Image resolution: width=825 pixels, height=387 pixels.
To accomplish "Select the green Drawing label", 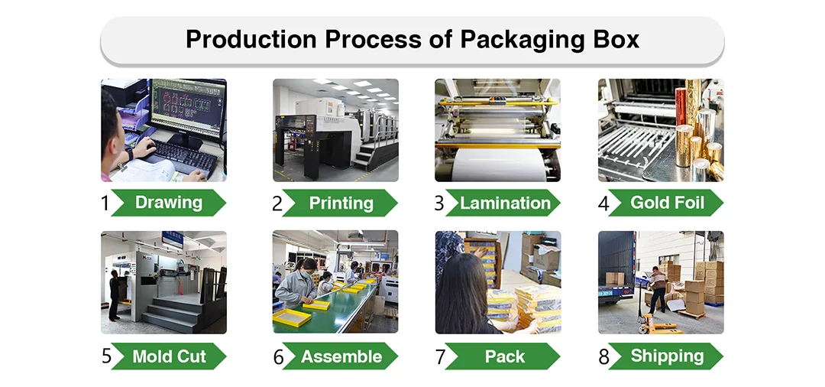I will (168, 203).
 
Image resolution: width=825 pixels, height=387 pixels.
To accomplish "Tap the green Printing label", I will (341, 203).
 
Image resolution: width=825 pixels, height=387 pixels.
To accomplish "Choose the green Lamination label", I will (505, 203).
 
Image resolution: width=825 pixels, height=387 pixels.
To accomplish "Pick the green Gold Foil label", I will (666, 203).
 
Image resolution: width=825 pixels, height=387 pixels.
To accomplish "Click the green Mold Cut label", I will (169, 356).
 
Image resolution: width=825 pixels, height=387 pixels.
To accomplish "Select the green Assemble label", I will (341, 356).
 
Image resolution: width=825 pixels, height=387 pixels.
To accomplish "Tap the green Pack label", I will (504, 356).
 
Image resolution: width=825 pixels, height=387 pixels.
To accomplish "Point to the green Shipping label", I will (667, 356).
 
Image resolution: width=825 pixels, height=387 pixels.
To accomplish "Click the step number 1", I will (105, 203).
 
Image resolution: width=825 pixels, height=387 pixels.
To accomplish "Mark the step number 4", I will (603, 203).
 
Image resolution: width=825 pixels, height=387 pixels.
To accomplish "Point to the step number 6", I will (278, 357).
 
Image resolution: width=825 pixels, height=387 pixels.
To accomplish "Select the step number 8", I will (603, 357).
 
